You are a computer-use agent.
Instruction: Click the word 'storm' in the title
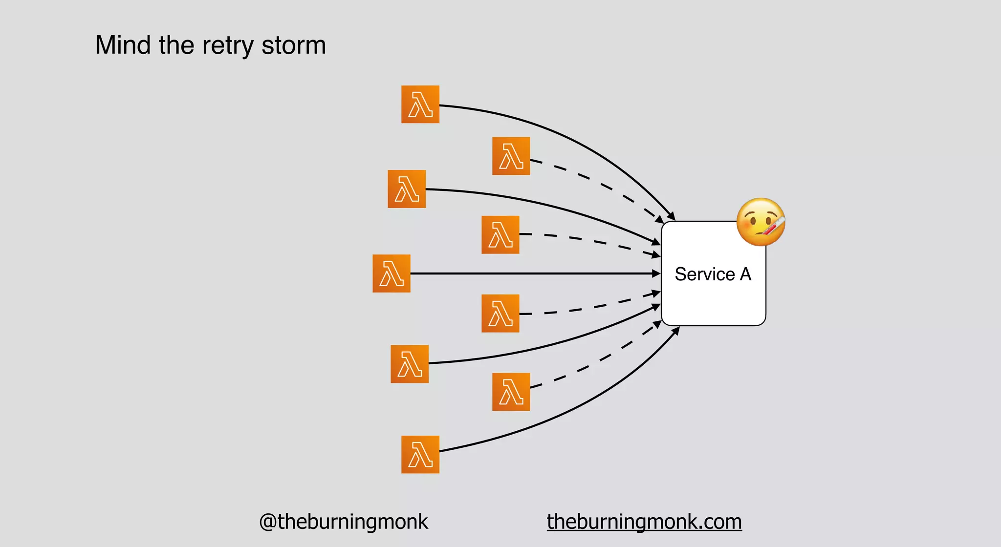pyautogui.click(x=293, y=45)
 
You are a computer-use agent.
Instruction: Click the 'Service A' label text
pyautogui.click(x=713, y=274)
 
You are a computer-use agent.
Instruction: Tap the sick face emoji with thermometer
pyautogui.click(x=761, y=222)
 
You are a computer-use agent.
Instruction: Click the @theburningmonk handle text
pyautogui.click(x=343, y=522)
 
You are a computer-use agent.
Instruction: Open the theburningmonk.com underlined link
pyautogui.click(x=644, y=522)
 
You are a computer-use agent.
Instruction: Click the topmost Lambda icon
pyautogui.click(x=420, y=105)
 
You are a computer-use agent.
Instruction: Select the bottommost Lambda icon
pyautogui.click(x=420, y=454)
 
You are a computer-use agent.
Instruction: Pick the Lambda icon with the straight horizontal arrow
pyautogui.click(x=392, y=273)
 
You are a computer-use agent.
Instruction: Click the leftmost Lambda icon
pyautogui.click(x=392, y=273)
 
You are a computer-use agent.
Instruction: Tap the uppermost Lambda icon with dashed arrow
pyautogui.click(x=511, y=156)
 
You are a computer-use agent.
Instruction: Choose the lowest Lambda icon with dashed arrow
pyautogui.click(x=511, y=392)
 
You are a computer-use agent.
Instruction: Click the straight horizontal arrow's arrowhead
pyautogui.click(x=656, y=273)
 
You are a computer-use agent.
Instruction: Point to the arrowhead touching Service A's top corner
pyautogui.click(x=672, y=216)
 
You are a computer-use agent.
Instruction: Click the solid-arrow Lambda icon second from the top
pyautogui.click(x=407, y=189)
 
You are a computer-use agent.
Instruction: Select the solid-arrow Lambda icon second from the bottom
pyautogui.click(x=410, y=364)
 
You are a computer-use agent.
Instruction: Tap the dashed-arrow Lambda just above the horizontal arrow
pyautogui.click(x=500, y=234)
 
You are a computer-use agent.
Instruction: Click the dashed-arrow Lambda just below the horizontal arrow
pyautogui.click(x=500, y=313)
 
